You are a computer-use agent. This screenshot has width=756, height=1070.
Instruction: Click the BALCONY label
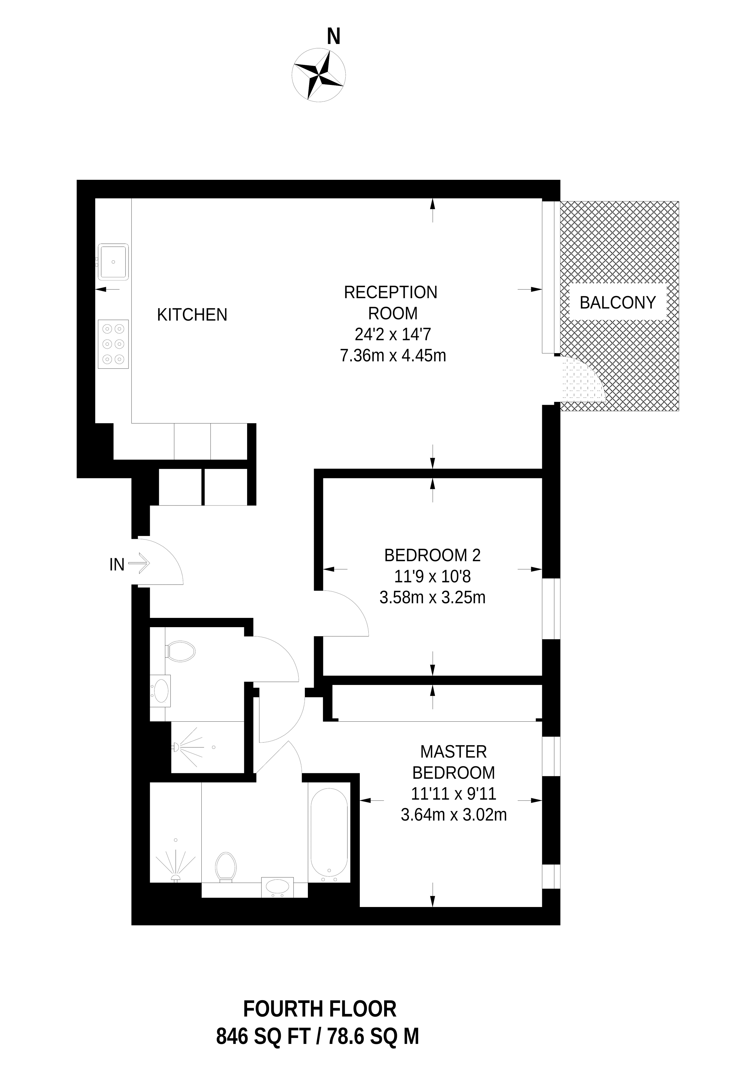click(x=617, y=303)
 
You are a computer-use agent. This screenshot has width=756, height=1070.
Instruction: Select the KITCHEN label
click(x=192, y=315)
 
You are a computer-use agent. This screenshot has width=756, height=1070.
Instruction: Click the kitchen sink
click(x=113, y=262)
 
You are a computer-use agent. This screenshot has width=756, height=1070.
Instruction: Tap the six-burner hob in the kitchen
click(x=113, y=344)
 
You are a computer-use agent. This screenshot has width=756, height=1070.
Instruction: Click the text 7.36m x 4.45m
click(x=393, y=356)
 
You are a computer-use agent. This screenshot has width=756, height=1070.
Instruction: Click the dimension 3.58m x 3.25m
click(x=432, y=598)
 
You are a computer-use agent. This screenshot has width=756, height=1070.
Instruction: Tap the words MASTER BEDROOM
click(x=453, y=762)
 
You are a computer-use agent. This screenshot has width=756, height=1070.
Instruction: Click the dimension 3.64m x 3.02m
click(x=453, y=815)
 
